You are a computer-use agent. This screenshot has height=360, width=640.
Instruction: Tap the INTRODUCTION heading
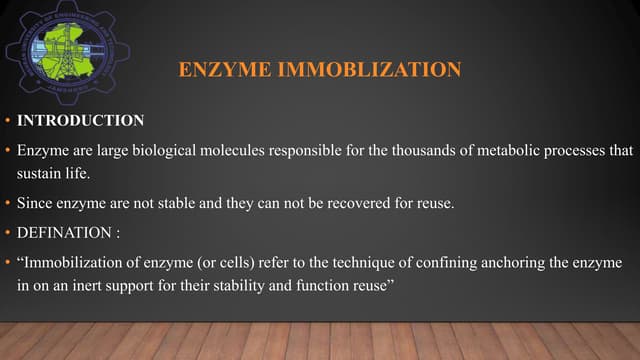coord(80,121)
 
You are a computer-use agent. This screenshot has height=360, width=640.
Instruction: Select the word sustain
coord(38,172)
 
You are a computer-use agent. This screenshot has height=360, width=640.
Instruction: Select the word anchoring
coord(503,265)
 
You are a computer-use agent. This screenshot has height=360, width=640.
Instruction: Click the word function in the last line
coord(338,287)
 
